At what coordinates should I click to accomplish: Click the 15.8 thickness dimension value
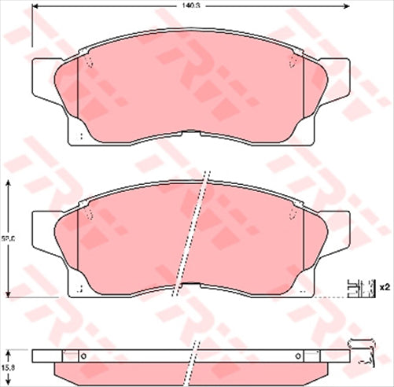click(6, 364)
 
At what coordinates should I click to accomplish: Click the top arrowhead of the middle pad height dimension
click(9, 182)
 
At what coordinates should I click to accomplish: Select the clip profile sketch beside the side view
click(363, 352)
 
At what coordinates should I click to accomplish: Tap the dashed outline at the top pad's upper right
click(292, 61)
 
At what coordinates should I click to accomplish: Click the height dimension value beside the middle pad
click(6, 236)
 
